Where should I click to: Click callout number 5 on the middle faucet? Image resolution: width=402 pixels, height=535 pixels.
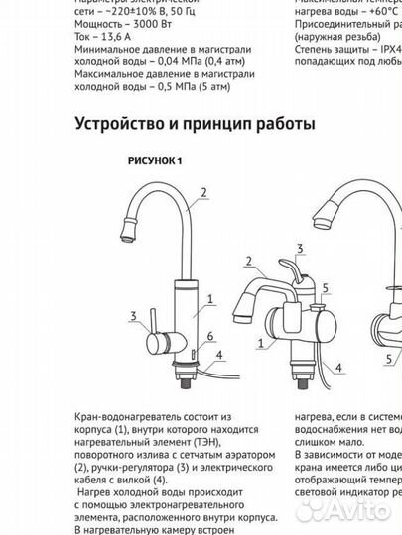click(x=325, y=287)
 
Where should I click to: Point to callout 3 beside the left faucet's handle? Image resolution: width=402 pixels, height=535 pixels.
click(x=133, y=317)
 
